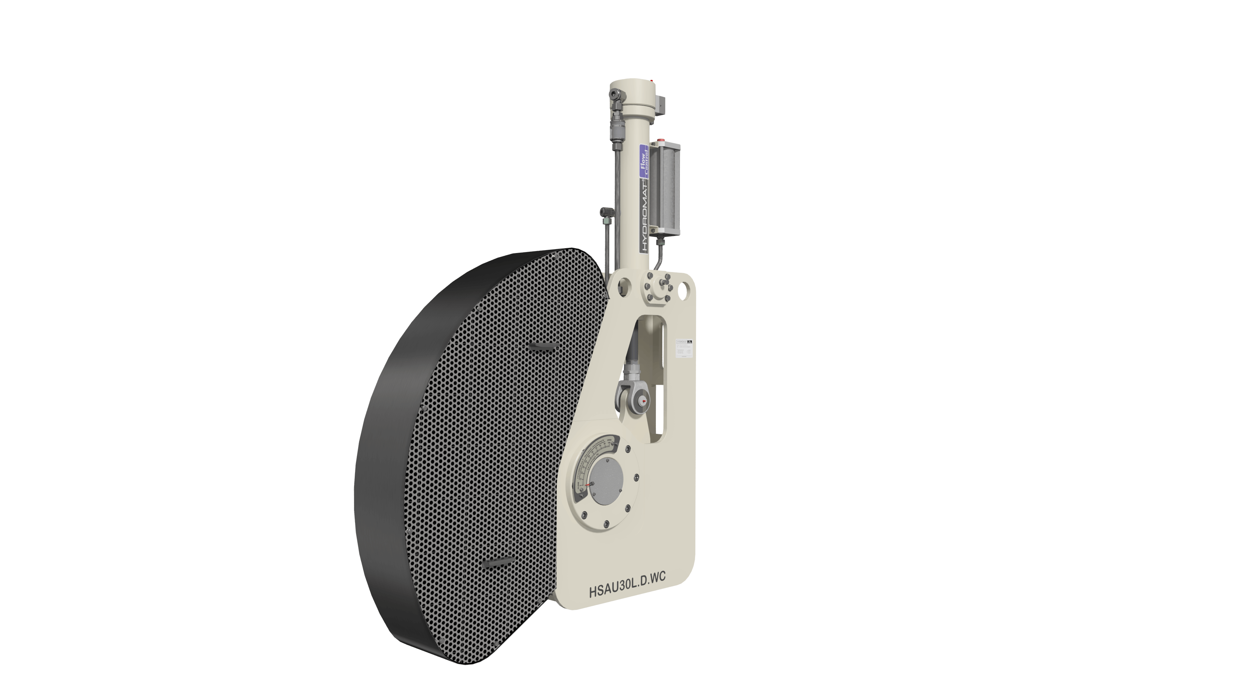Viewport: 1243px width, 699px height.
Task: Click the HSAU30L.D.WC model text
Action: coord(627,592)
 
